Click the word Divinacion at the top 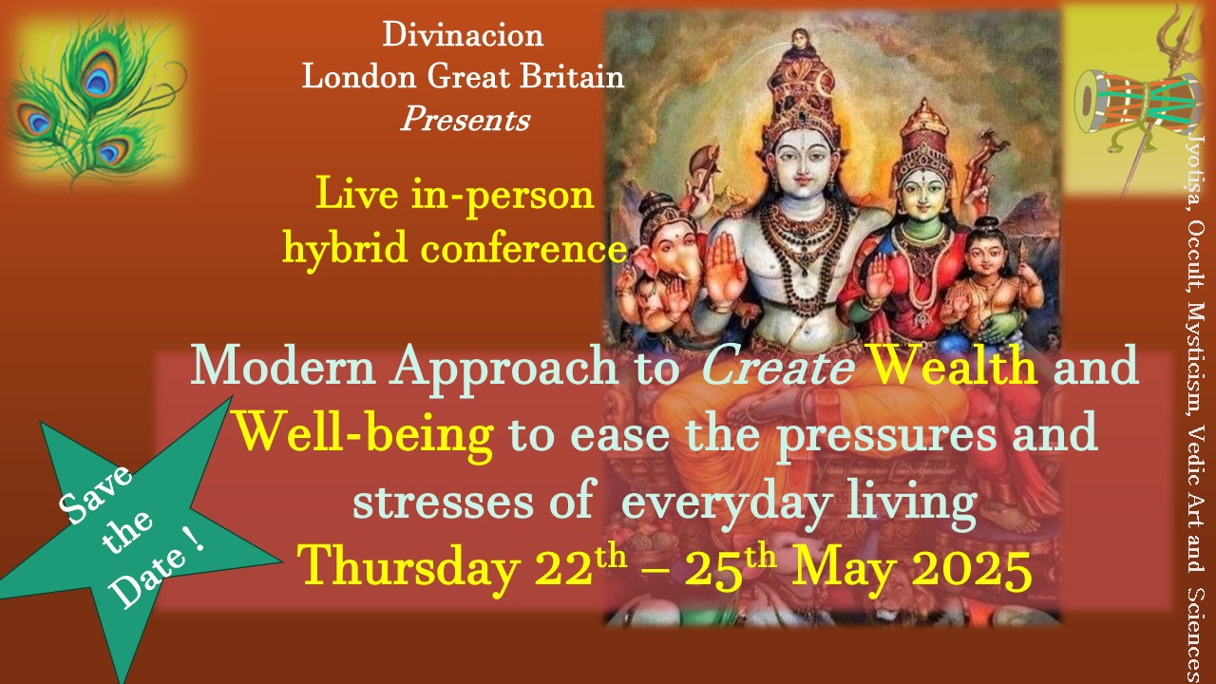pos(463,35)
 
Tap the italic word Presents pos(465,119)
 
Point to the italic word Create pos(778,367)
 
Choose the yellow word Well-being pos(365,434)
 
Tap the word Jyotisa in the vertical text pos(1196,175)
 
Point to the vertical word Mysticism pos(1196,363)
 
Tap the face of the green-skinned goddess pos(923,194)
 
